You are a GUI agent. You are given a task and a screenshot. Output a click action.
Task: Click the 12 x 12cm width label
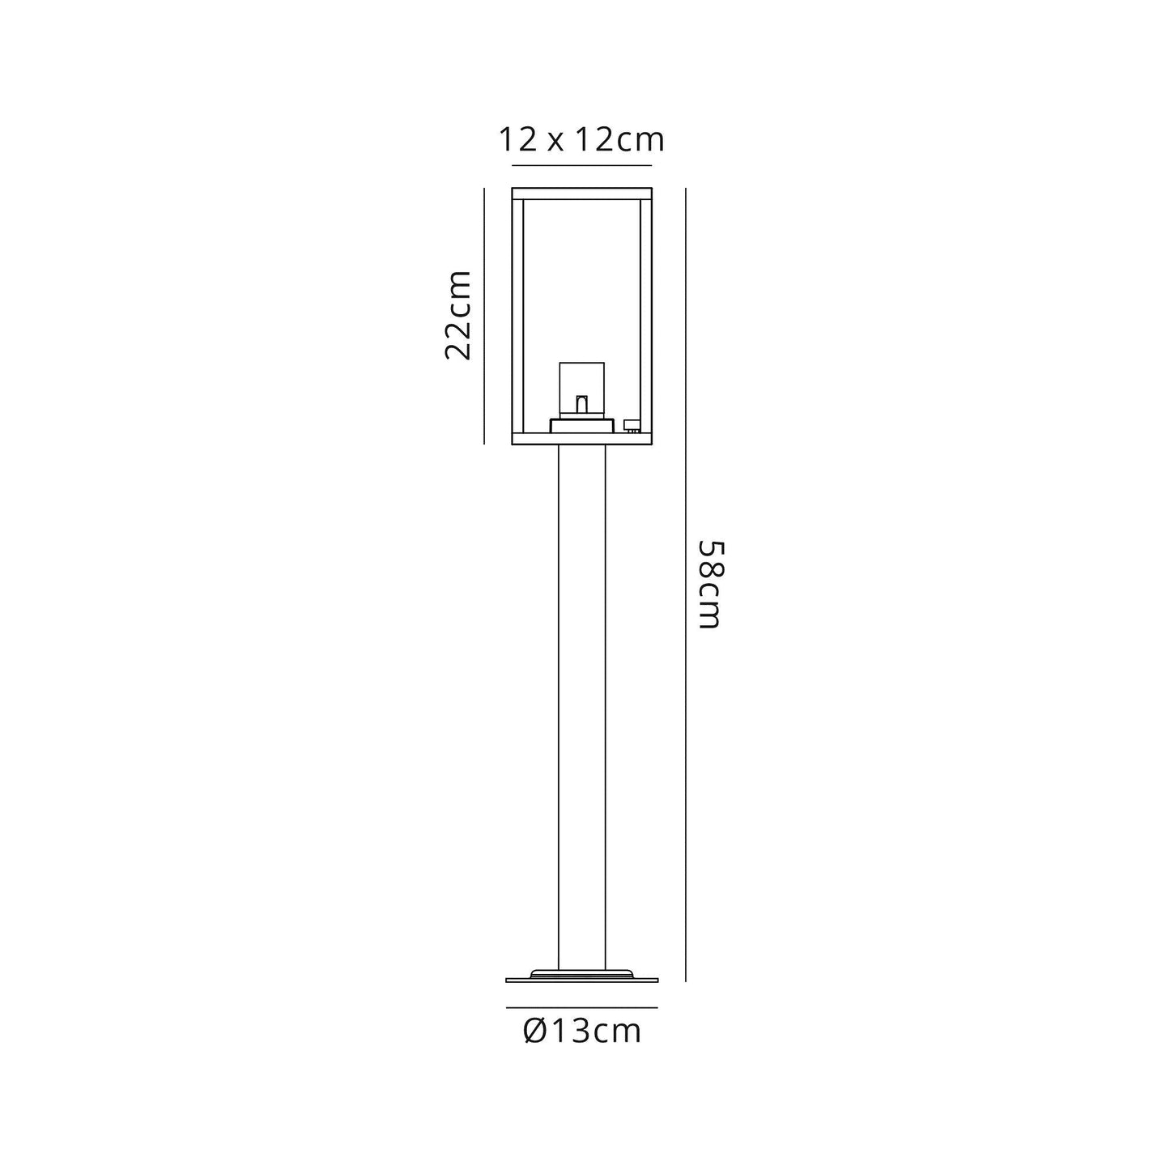[x=581, y=139]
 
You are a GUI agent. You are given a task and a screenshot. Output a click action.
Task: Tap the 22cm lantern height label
[x=458, y=316]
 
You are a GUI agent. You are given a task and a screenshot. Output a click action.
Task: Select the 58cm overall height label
[x=709, y=584]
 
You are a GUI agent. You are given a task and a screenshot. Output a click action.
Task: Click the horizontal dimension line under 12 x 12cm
[x=581, y=165]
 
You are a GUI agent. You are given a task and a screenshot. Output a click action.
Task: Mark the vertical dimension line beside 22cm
[x=484, y=317]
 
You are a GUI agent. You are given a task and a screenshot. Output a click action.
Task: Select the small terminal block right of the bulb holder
[x=632, y=426]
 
